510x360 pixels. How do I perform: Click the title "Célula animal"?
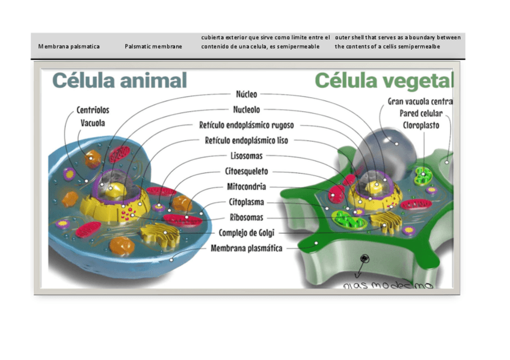pos(120,81)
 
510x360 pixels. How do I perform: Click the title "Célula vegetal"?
pos(384,81)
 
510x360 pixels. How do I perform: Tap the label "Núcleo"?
pos(247,94)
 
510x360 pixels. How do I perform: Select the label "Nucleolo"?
pos(247,110)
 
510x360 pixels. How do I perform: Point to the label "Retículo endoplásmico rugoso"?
pos(247,126)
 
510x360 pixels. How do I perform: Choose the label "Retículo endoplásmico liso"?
pos(247,141)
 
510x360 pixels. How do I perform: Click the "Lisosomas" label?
pos(247,156)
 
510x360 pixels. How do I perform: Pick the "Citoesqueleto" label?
pos(247,172)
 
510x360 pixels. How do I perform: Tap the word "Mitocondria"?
pos(247,187)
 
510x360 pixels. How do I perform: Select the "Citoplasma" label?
pos(247,203)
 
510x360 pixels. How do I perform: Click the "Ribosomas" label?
pos(247,218)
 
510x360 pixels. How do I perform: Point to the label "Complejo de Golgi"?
pos(247,233)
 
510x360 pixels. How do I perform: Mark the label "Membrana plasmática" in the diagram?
pos(247,248)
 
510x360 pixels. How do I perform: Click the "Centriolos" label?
pos(93,111)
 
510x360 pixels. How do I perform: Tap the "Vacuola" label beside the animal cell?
pos(93,123)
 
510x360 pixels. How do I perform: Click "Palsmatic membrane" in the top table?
pos(153,46)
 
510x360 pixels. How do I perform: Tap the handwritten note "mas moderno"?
pos(389,284)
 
